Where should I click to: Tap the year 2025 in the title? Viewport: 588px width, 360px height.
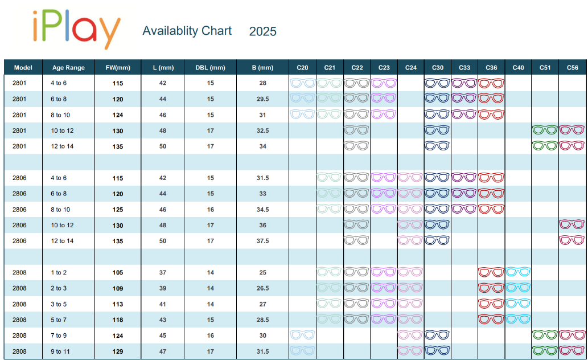(262, 31)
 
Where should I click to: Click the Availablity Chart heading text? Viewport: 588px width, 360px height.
(187, 31)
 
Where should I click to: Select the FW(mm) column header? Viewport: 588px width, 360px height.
(118, 68)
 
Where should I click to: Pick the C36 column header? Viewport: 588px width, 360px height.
(491, 68)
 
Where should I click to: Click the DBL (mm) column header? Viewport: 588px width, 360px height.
(210, 68)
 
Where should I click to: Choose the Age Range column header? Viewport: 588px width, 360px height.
(68, 68)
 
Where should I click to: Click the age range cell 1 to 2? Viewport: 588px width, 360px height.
(59, 273)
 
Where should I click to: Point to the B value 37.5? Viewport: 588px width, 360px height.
(262, 241)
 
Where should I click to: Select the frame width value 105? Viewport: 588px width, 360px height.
(118, 273)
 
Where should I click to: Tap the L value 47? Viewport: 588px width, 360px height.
(163, 351)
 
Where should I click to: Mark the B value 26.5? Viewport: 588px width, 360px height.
(262, 288)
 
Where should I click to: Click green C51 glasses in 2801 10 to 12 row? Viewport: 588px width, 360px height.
(545, 130)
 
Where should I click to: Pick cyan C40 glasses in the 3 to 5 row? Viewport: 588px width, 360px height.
(518, 303)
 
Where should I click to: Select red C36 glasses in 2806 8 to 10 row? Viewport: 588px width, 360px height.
(491, 208)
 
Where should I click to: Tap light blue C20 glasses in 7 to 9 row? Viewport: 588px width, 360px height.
(303, 334)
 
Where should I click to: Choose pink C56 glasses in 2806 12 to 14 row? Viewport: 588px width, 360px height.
(572, 240)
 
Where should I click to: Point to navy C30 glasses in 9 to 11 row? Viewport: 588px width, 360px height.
(438, 350)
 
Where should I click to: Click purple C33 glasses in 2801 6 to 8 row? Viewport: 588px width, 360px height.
(464, 99)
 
